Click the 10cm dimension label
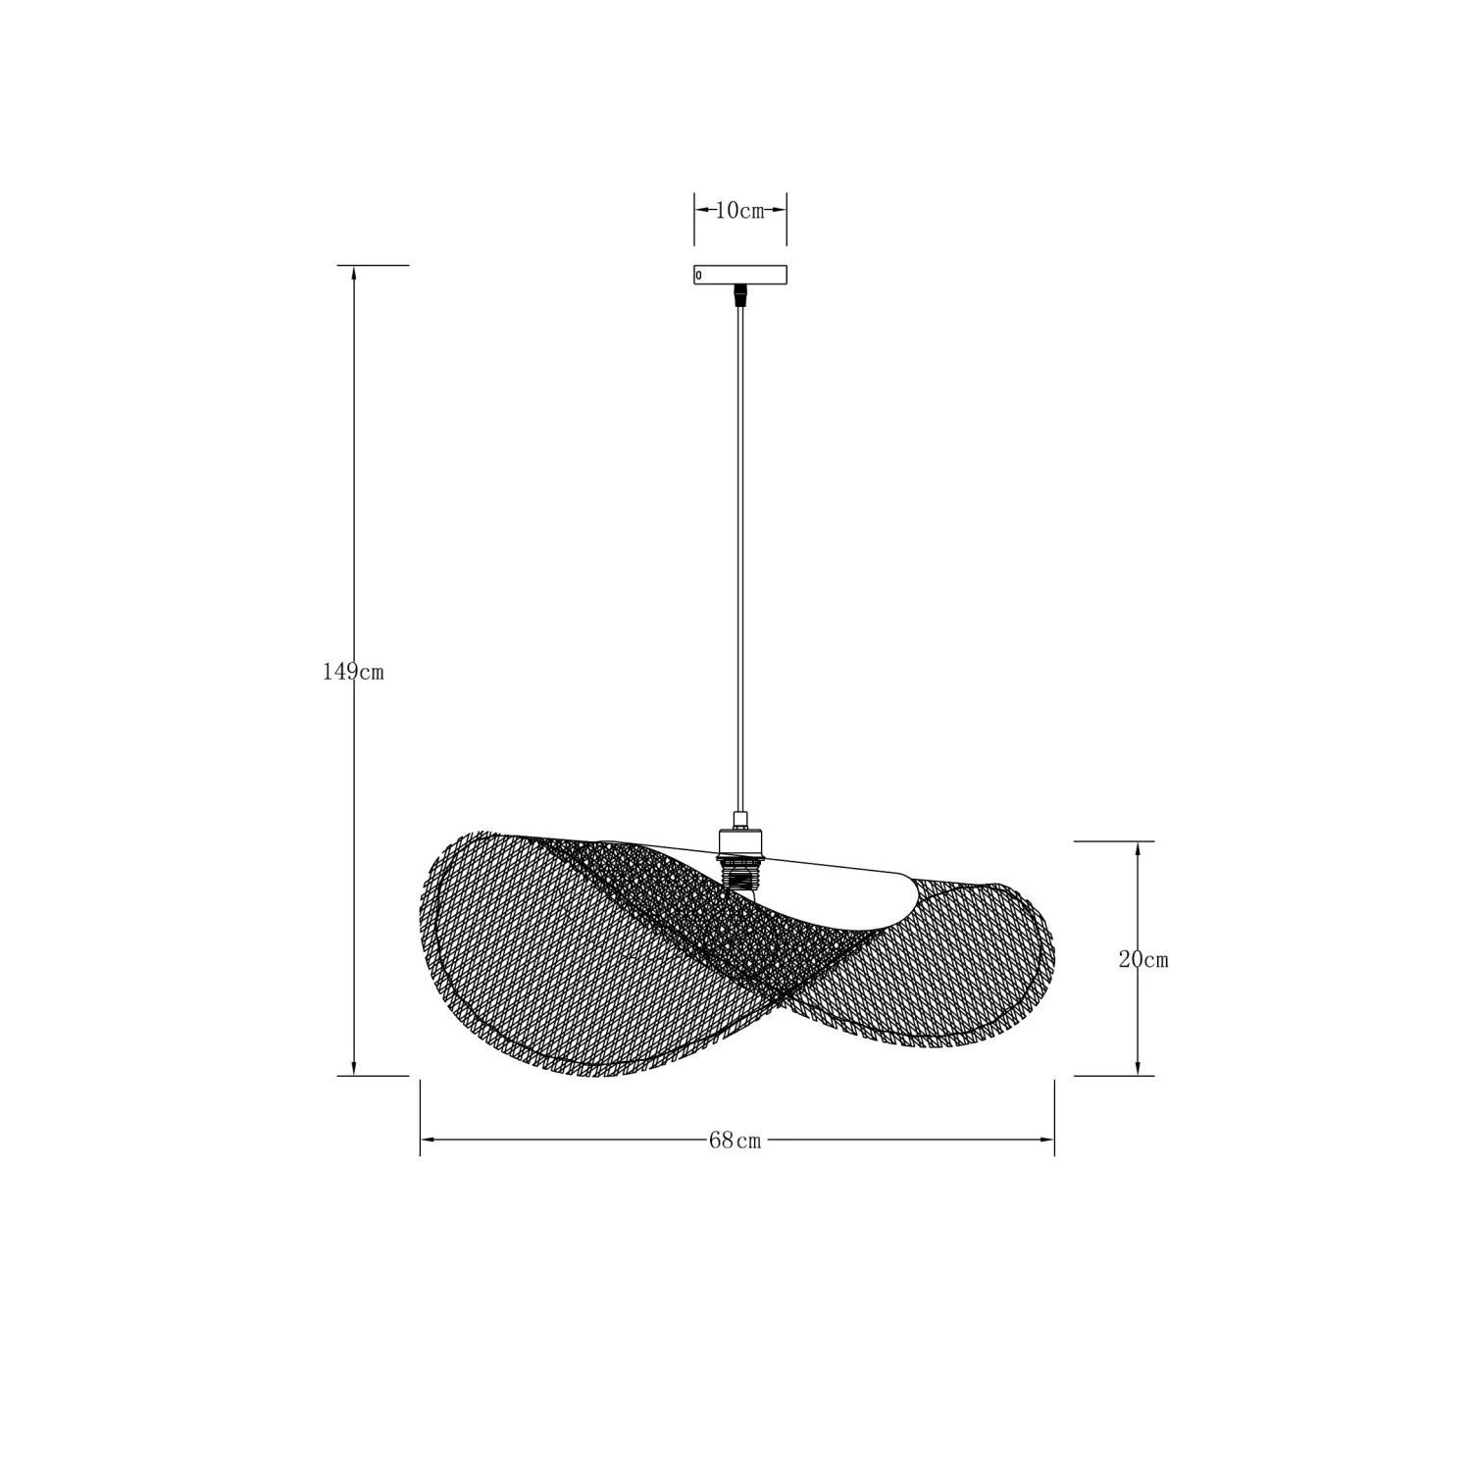coord(740,211)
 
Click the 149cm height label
coord(353,672)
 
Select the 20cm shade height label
coord(1143,960)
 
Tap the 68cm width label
coord(735,1141)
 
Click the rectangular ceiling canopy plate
coord(740,275)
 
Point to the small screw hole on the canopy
coord(698,276)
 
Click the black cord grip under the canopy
coord(740,295)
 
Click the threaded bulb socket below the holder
coord(740,872)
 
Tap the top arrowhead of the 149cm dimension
coord(353,274)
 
